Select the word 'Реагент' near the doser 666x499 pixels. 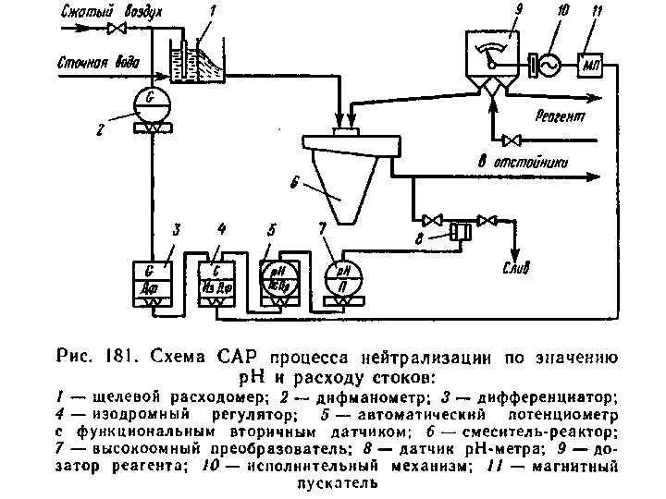[560, 116]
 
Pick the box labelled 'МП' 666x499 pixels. [590, 66]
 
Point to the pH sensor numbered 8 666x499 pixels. [458, 229]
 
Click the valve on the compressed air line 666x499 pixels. [117, 29]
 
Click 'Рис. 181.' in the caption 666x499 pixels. [92, 357]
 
